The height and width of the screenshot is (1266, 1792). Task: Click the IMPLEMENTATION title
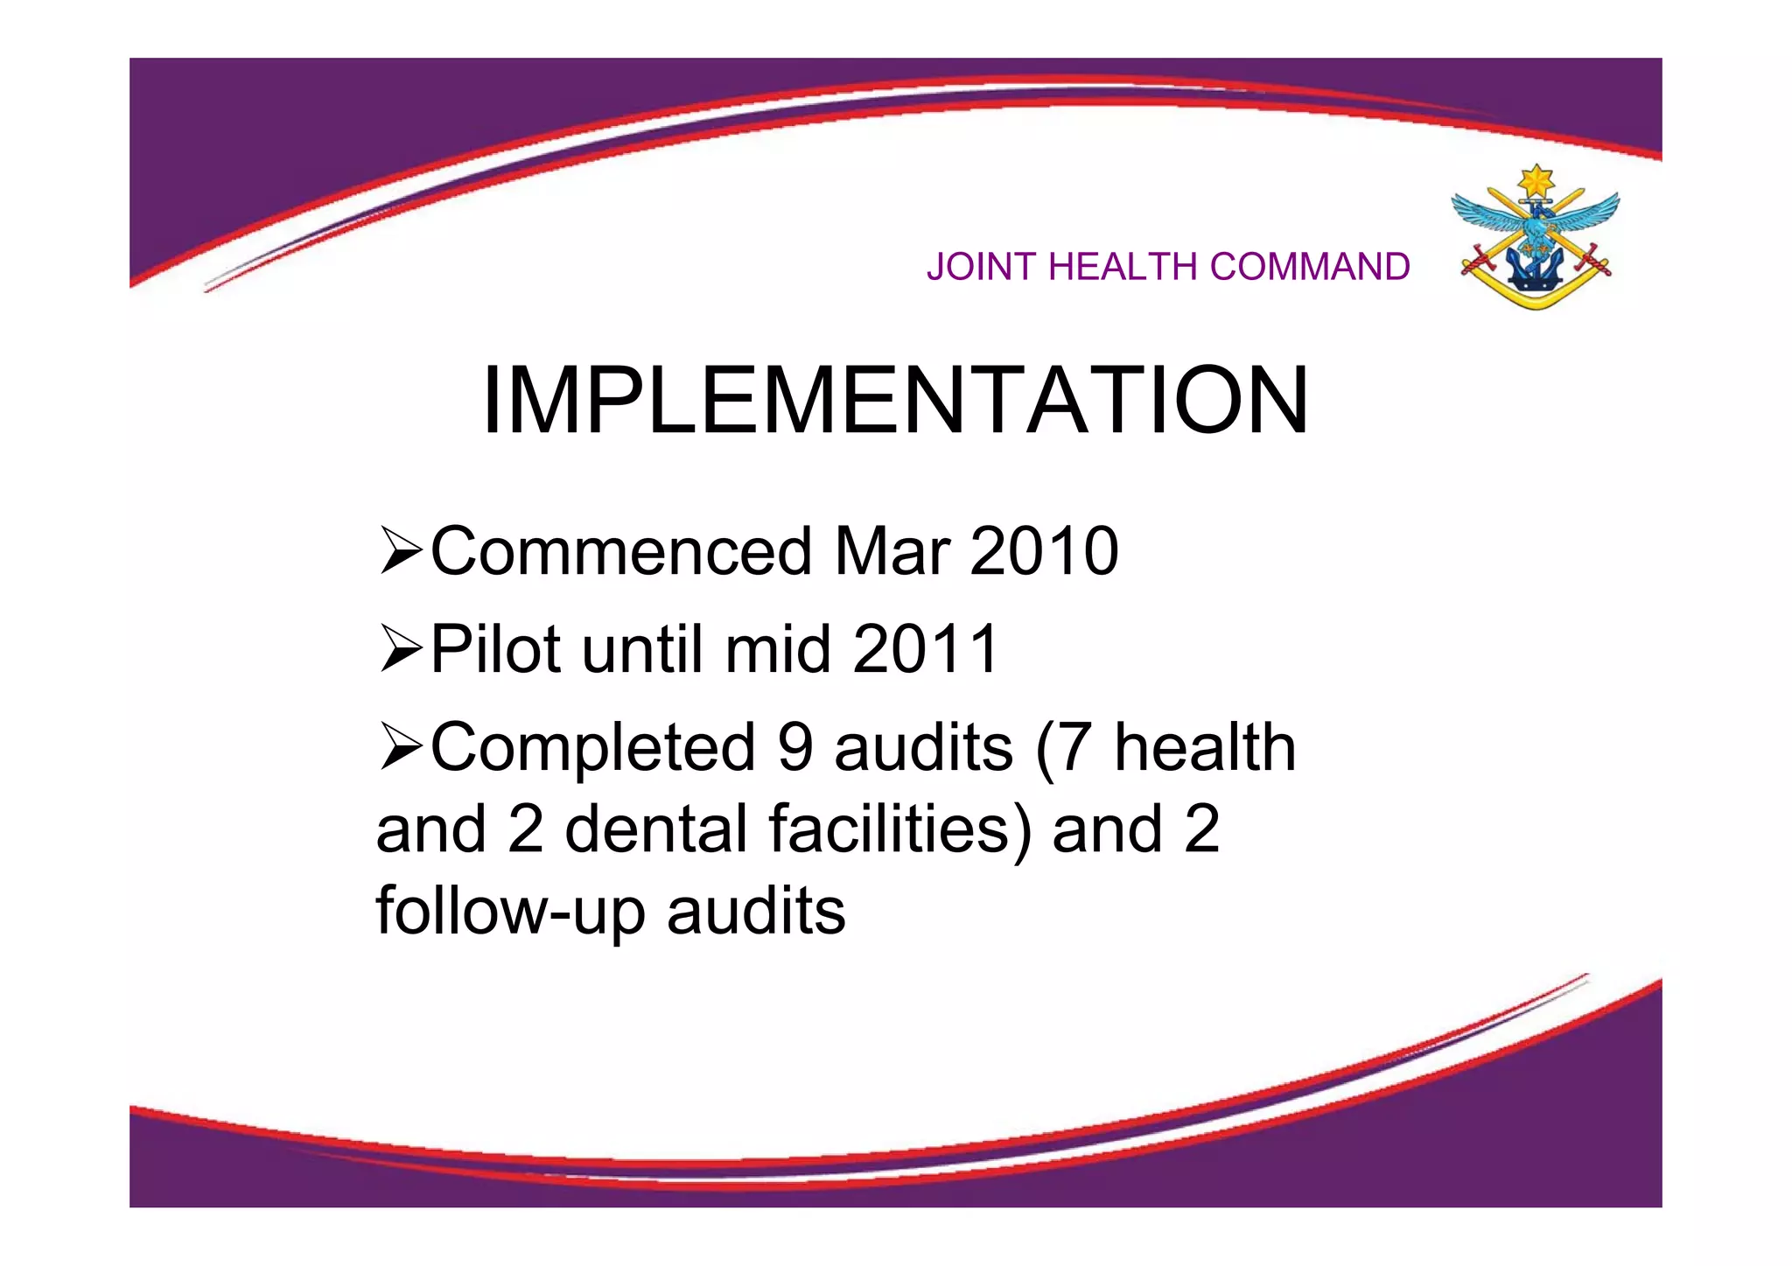(x=895, y=401)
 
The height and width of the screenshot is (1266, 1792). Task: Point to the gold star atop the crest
(x=1536, y=183)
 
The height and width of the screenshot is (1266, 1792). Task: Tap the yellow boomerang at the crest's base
(x=1536, y=292)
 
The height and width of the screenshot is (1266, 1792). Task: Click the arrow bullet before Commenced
(x=402, y=552)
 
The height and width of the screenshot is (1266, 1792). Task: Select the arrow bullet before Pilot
(x=402, y=650)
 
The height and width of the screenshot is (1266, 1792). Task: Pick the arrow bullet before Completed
(x=402, y=748)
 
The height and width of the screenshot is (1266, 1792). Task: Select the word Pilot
(x=496, y=650)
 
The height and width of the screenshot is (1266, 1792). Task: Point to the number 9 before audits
(x=794, y=748)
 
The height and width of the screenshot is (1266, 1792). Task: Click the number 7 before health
(x=1074, y=748)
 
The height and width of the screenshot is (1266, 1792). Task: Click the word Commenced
(x=621, y=552)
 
